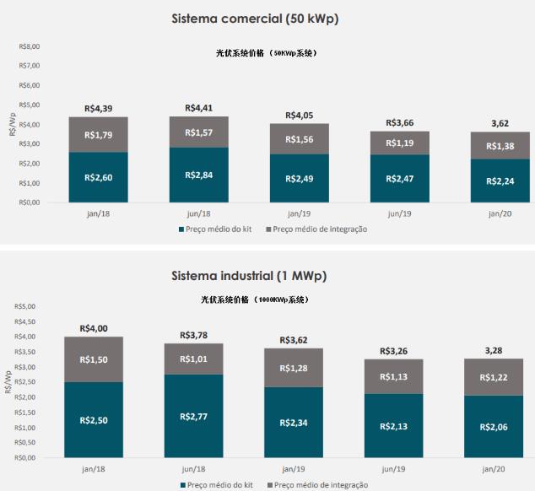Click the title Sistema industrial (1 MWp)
(267, 275)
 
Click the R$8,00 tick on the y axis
(30, 46)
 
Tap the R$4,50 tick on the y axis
(30, 321)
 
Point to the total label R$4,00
(95, 328)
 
